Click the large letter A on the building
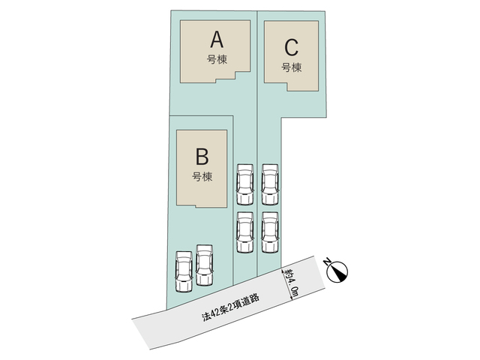click(217, 40)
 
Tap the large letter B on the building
click(202, 157)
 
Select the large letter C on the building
click(291, 47)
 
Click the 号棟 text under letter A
click(217, 59)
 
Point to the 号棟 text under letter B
click(202, 177)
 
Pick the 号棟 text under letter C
click(292, 67)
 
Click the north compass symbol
click(337, 271)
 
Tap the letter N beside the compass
click(327, 262)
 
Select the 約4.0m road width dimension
click(290, 284)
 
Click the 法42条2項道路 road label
click(231, 307)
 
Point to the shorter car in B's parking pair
click(184, 271)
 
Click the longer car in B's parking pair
click(205, 265)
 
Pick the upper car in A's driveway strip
click(245, 184)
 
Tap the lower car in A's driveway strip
click(245, 232)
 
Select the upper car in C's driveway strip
click(270, 184)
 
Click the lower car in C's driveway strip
click(270, 232)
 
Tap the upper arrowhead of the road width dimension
click(282, 270)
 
